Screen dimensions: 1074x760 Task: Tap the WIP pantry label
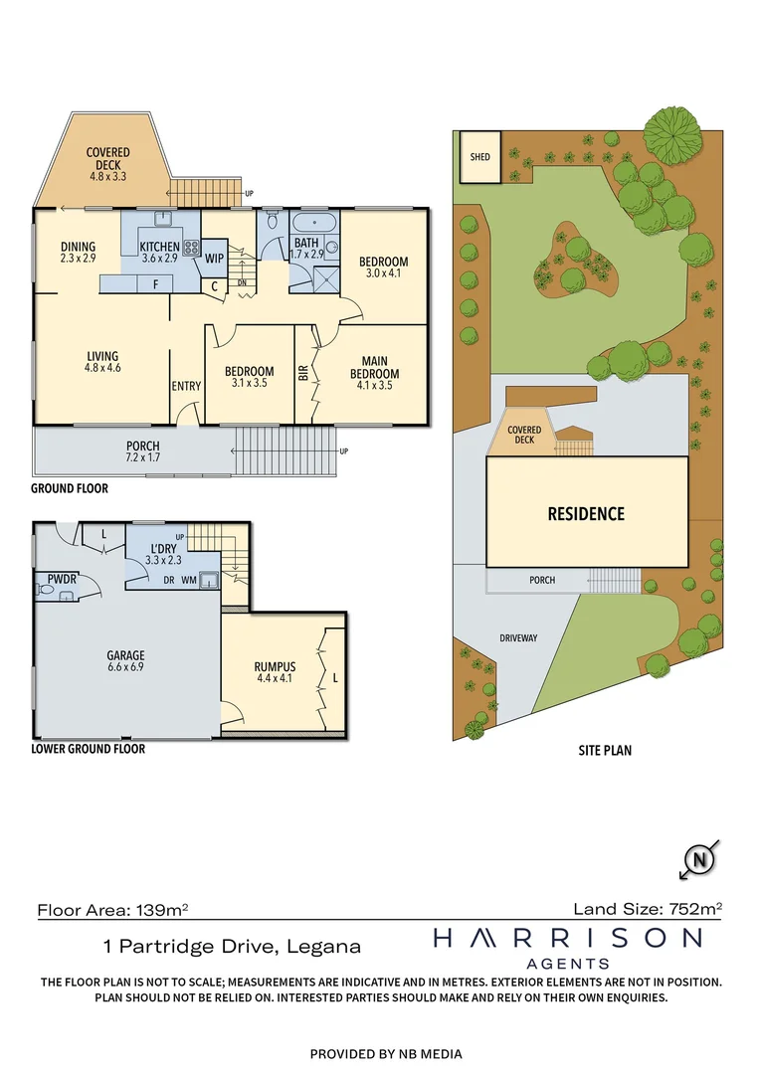click(214, 258)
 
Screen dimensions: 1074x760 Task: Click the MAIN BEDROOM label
click(375, 368)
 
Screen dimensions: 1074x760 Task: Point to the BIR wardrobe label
click(303, 375)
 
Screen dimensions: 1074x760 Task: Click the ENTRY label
click(186, 387)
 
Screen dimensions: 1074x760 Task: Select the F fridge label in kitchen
click(155, 284)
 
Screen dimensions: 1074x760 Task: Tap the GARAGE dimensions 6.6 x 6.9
click(125, 668)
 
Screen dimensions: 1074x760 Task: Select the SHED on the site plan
click(479, 157)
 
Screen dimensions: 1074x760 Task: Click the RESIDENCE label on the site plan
click(586, 514)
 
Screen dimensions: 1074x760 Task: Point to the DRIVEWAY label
click(517, 637)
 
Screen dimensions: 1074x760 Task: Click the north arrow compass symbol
click(702, 858)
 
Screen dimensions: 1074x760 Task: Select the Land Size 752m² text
click(647, 908)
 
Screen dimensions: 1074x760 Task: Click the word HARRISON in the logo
click(568, 938)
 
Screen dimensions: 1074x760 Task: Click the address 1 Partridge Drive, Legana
click(233, 947)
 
